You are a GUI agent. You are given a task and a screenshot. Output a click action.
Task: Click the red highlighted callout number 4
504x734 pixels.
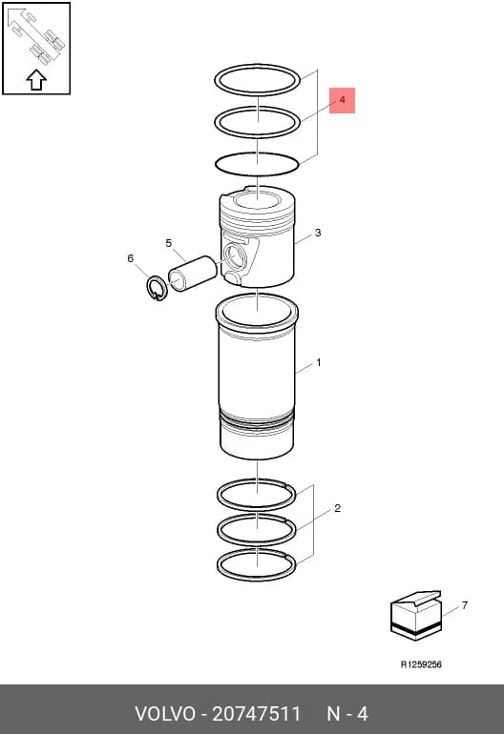(343, 100)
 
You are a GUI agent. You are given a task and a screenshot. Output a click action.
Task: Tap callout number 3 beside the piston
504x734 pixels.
(318, 233)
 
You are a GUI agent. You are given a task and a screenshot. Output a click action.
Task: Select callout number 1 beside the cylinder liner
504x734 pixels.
(318, 362)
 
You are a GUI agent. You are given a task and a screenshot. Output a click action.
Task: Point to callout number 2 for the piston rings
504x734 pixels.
(338, 508)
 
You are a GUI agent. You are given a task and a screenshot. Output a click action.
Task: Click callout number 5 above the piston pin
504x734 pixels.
(169, 243)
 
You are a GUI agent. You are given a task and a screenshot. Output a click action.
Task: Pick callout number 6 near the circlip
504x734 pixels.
(131, 258)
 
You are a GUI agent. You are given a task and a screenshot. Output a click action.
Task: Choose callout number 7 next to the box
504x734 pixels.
(465, 605)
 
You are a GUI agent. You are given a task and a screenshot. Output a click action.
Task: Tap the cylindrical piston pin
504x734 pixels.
(192, 273)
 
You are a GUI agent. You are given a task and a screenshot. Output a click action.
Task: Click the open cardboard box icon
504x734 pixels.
(416, 616)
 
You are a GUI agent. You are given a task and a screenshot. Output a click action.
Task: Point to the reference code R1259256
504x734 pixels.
(421, 664)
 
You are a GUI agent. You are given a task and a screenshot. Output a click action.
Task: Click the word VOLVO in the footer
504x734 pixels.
(165, 714)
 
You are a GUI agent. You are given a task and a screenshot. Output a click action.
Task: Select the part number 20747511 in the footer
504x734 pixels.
(257, 714)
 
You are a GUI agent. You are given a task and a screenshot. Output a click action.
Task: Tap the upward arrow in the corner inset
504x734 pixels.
(36, 80)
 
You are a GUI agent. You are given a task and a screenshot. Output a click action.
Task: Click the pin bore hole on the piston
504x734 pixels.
(234, 255)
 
